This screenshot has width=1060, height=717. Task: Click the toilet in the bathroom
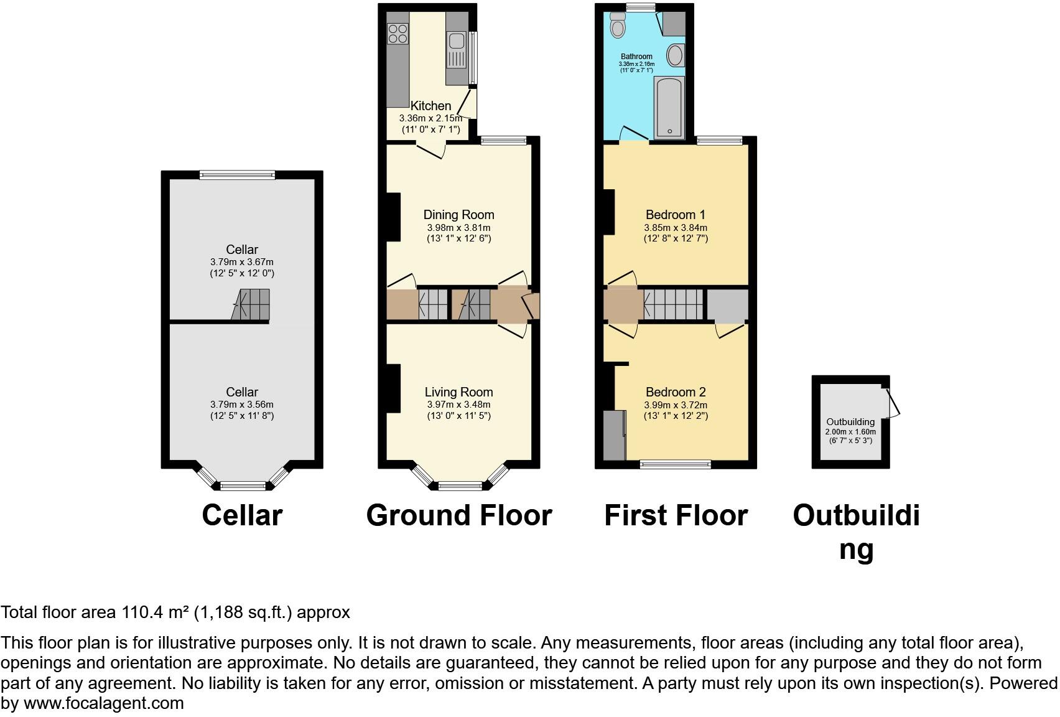pos(617,27)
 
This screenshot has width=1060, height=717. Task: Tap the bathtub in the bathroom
pos(669,107)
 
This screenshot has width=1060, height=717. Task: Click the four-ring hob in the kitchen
pos(397,33)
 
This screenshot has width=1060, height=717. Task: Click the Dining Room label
pos(458,215)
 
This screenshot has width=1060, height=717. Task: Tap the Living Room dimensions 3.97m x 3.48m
pos(458,405)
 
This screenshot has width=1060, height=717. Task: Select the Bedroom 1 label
pos(675,215)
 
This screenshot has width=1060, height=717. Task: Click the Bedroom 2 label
pos(675,392)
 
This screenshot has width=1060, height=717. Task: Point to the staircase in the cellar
pos(252,305)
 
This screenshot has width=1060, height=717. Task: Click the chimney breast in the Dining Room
pos(393,217)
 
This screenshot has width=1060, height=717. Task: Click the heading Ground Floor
pos(458,515)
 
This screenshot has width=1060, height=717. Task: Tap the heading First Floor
pos(676,515)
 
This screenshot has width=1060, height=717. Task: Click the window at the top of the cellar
pos(237,176)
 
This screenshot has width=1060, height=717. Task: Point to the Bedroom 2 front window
pos(675,464)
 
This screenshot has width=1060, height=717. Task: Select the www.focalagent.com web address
pos(103,703)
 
